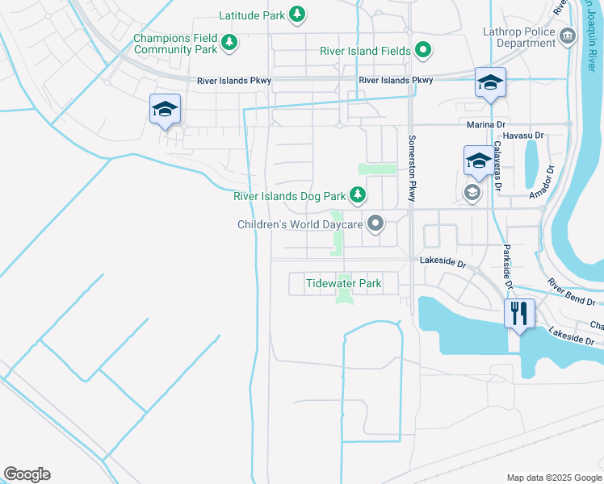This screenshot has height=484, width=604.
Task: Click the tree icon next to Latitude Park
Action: (298, 15)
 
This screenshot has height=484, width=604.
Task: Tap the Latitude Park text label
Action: (252, 15)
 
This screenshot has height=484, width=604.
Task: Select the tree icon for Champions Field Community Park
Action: (229, 42)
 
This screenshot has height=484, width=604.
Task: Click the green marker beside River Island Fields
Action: (422, 50)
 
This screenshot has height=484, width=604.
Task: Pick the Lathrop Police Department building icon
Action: (567, 35)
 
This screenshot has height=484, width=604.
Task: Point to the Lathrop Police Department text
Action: (522, 36)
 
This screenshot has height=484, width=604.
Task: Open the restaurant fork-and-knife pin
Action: (518, 311)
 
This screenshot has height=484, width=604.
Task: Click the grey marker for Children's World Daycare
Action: (375, 223)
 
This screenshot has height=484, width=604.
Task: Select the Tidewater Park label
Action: (343, 283)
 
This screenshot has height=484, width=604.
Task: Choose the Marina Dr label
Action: (485, 124)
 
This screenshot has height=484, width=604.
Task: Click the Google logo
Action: (27, 474)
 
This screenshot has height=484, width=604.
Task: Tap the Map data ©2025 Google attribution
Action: (553, 478)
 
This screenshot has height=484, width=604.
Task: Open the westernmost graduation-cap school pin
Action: (165, 109)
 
